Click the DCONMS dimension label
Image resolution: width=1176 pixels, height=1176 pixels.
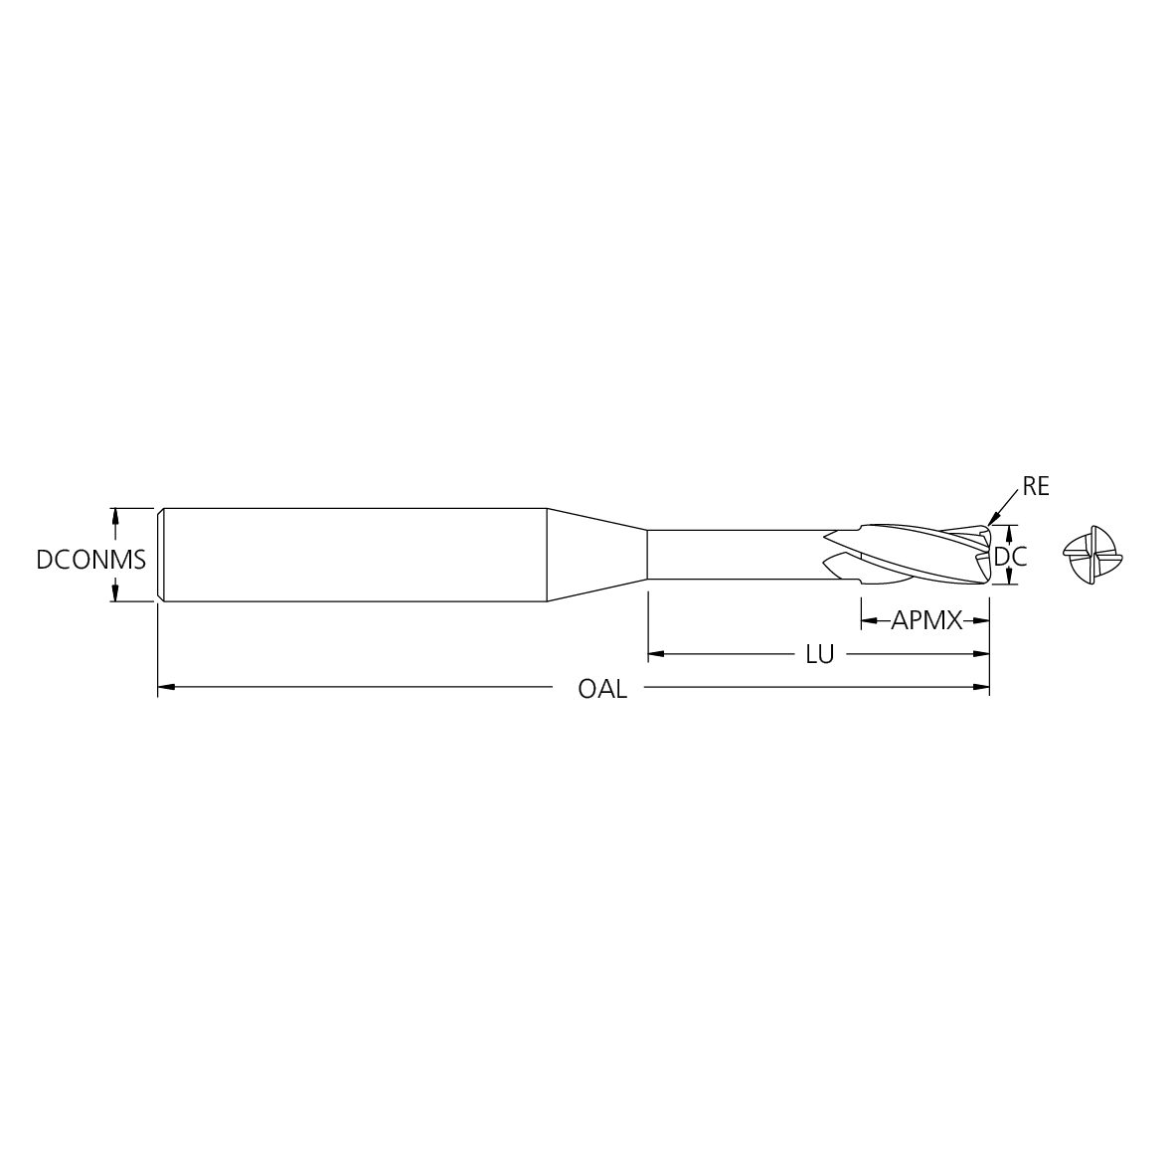click(x=90, y=560)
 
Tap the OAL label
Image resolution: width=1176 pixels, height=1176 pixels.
click(x=602, y=689)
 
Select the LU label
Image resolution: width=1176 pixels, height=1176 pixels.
click(x=819, y=655)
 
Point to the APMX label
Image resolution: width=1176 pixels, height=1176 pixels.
click(x=926, y=622)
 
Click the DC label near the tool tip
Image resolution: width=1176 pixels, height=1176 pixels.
click(x=1011, y=558)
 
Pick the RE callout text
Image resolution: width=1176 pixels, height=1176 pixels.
click(x=1036, y=487)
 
